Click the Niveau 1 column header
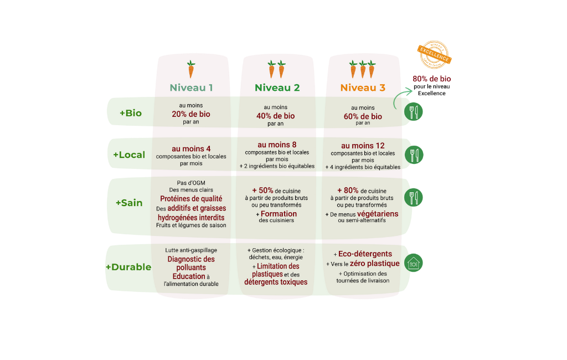[x=191, y=88]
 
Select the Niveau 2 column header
[x=277, y=88]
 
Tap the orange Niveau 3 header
[x=363, y=88]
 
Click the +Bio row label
[x=131, y=113]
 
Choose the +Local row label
[x=129, y=155]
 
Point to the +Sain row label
[x=129, y=203]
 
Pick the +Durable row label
[x=128, y=267]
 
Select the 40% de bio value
[x=276, y=116]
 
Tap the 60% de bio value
[x=363, y=116]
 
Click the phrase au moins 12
[x=363, y=146]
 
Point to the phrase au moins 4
[x=191, y=148]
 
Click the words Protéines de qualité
[x=191, y=198]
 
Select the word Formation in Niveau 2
[x=279, y=213]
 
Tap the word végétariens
[x=378, y=213]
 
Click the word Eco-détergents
[x=365, y=254]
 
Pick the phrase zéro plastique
[x=374, y=263]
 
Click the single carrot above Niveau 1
[x=191, y=70]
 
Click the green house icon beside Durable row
[x=414, y=263]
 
